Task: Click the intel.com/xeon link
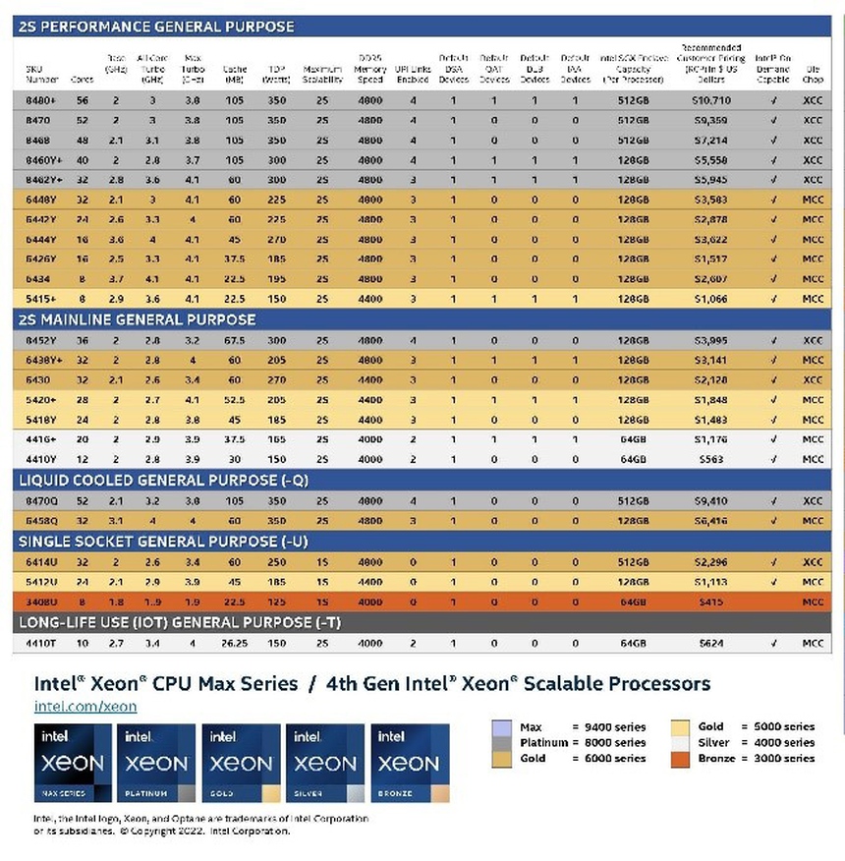pos(85,706)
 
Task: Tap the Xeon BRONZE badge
pos(409,764)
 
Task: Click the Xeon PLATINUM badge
pos(157,764)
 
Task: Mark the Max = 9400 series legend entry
pos(568,726)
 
